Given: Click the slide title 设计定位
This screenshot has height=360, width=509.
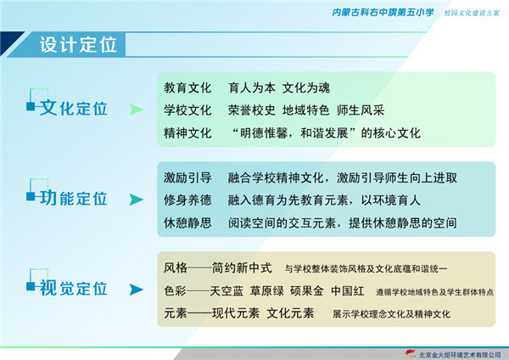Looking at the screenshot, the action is [78, 44].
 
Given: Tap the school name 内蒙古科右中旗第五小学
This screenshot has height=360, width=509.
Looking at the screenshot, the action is [383, 13].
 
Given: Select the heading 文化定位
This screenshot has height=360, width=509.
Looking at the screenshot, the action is [73, 108].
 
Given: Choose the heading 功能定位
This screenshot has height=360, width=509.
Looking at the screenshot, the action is [73, 198].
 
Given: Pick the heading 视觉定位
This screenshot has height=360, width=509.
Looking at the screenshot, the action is [73, 288].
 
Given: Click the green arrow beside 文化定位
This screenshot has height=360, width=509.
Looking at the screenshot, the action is [137, 110].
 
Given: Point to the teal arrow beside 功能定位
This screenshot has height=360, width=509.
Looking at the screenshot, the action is [137, 200].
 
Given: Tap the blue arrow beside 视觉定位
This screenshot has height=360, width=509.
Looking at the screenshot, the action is [137, 290].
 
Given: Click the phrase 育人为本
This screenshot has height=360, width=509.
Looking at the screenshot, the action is [252, 87].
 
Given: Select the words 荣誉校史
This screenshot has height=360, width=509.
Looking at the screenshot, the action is [252, 110].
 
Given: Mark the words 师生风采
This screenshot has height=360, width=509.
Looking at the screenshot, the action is [361, 110].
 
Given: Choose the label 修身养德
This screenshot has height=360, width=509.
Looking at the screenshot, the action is [187, 200].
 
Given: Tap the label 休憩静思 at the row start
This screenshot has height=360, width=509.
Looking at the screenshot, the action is [187, 223].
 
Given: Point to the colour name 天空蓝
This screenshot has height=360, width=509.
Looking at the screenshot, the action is [227, 291].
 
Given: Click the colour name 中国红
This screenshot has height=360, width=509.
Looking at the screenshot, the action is [347, 290].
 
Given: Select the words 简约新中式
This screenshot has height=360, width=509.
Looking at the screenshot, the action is [242, 268].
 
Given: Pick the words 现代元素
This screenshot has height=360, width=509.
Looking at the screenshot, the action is [236, 313].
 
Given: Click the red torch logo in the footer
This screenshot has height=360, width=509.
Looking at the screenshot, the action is [411, 353].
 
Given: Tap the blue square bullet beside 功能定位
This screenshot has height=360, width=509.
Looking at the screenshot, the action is [31, 196].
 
